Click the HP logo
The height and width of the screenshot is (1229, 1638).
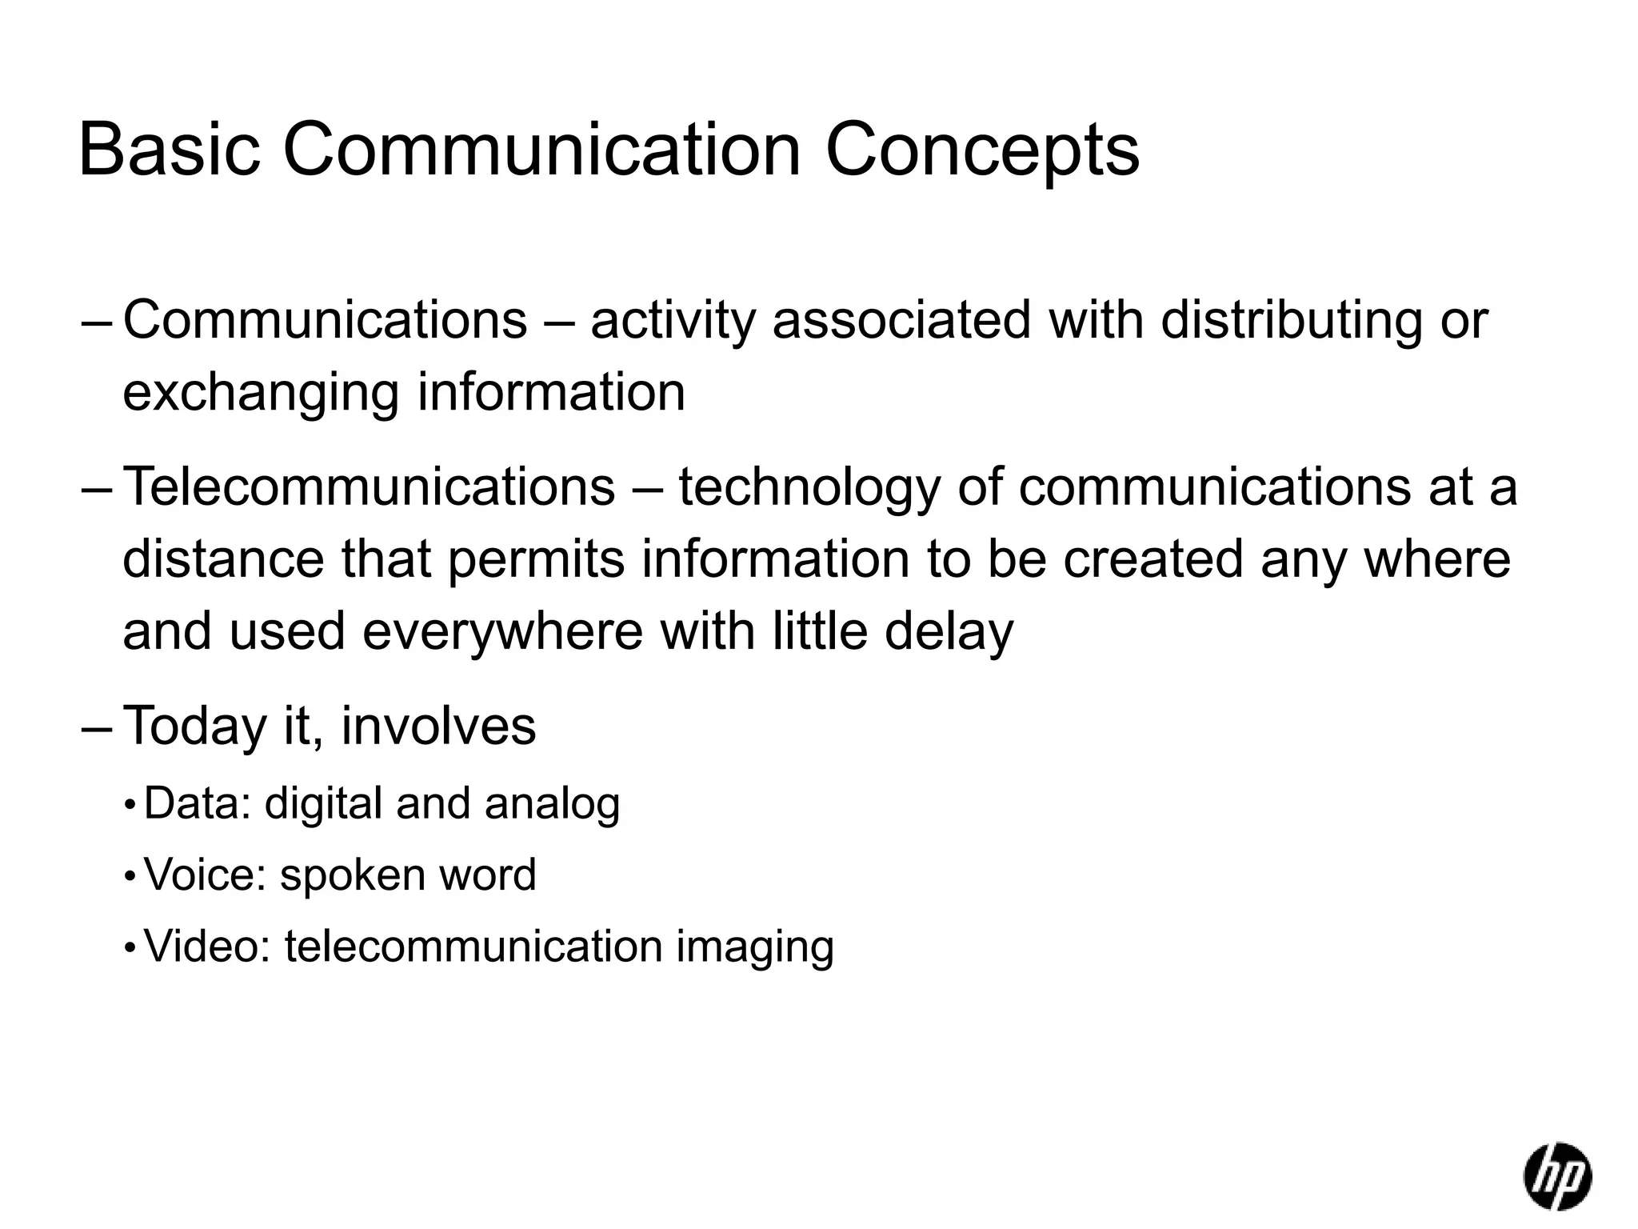coord(1556,1175)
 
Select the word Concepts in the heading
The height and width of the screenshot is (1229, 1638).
coord(981,152)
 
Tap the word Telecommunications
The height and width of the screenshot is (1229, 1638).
coord(370,486)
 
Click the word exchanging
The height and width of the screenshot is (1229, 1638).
coord(261,394)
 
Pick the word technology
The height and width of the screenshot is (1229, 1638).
coord(809,488)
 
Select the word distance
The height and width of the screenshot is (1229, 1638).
coord(223,558)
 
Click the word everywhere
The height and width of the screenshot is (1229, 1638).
coord(502,631)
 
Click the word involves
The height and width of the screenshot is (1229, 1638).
coord(438,725)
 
